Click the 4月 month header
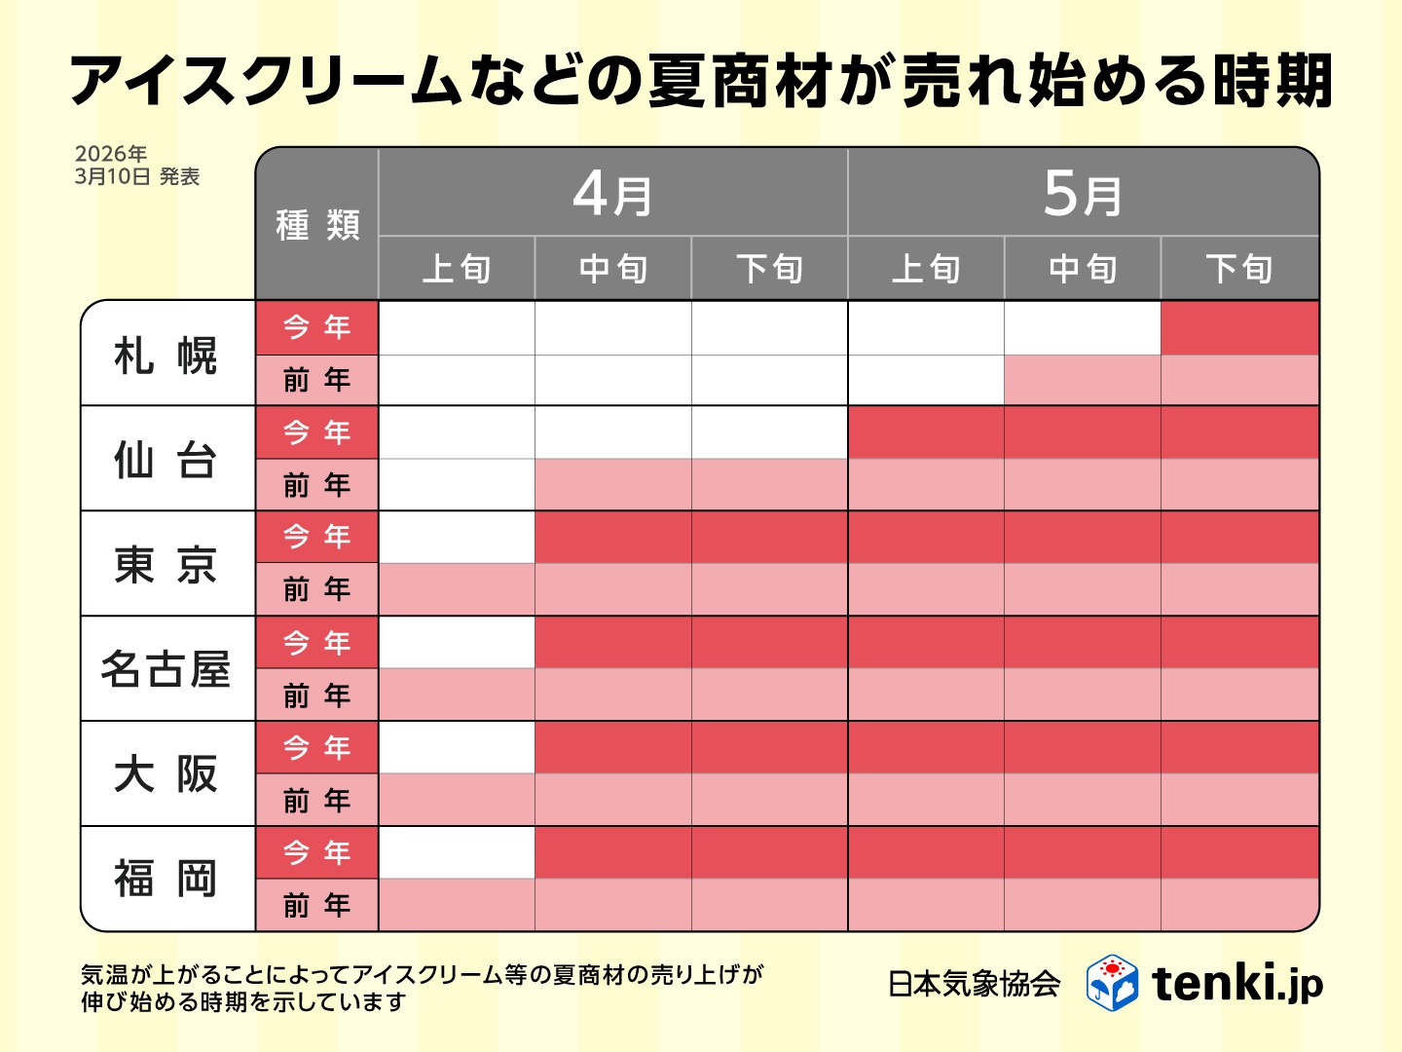[x=612, y=194]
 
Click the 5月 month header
[x=1083, y=194]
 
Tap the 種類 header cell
[x=317, y=225]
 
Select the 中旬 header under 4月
[x=612, y=269]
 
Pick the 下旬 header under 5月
[x=1239, y=269]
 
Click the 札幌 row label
[x=166, y=355]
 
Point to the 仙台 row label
[x=166, y=459]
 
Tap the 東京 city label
[x=166, y=564]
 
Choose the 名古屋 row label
[x=166, y=669]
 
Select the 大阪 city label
[x=166, y=774]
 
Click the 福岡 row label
[x=166, y=879]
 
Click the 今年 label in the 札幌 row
[x=317, y=327]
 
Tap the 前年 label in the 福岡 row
[x=317, y=906]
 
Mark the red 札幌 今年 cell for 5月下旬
[x=1239, y=328]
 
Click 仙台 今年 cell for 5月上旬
[x=926, y=432]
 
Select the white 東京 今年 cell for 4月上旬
[x=457, y=538]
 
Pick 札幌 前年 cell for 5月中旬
[x=1083, y=380]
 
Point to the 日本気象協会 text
[x=974, y=984]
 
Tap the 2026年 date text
[x=111, y=154]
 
